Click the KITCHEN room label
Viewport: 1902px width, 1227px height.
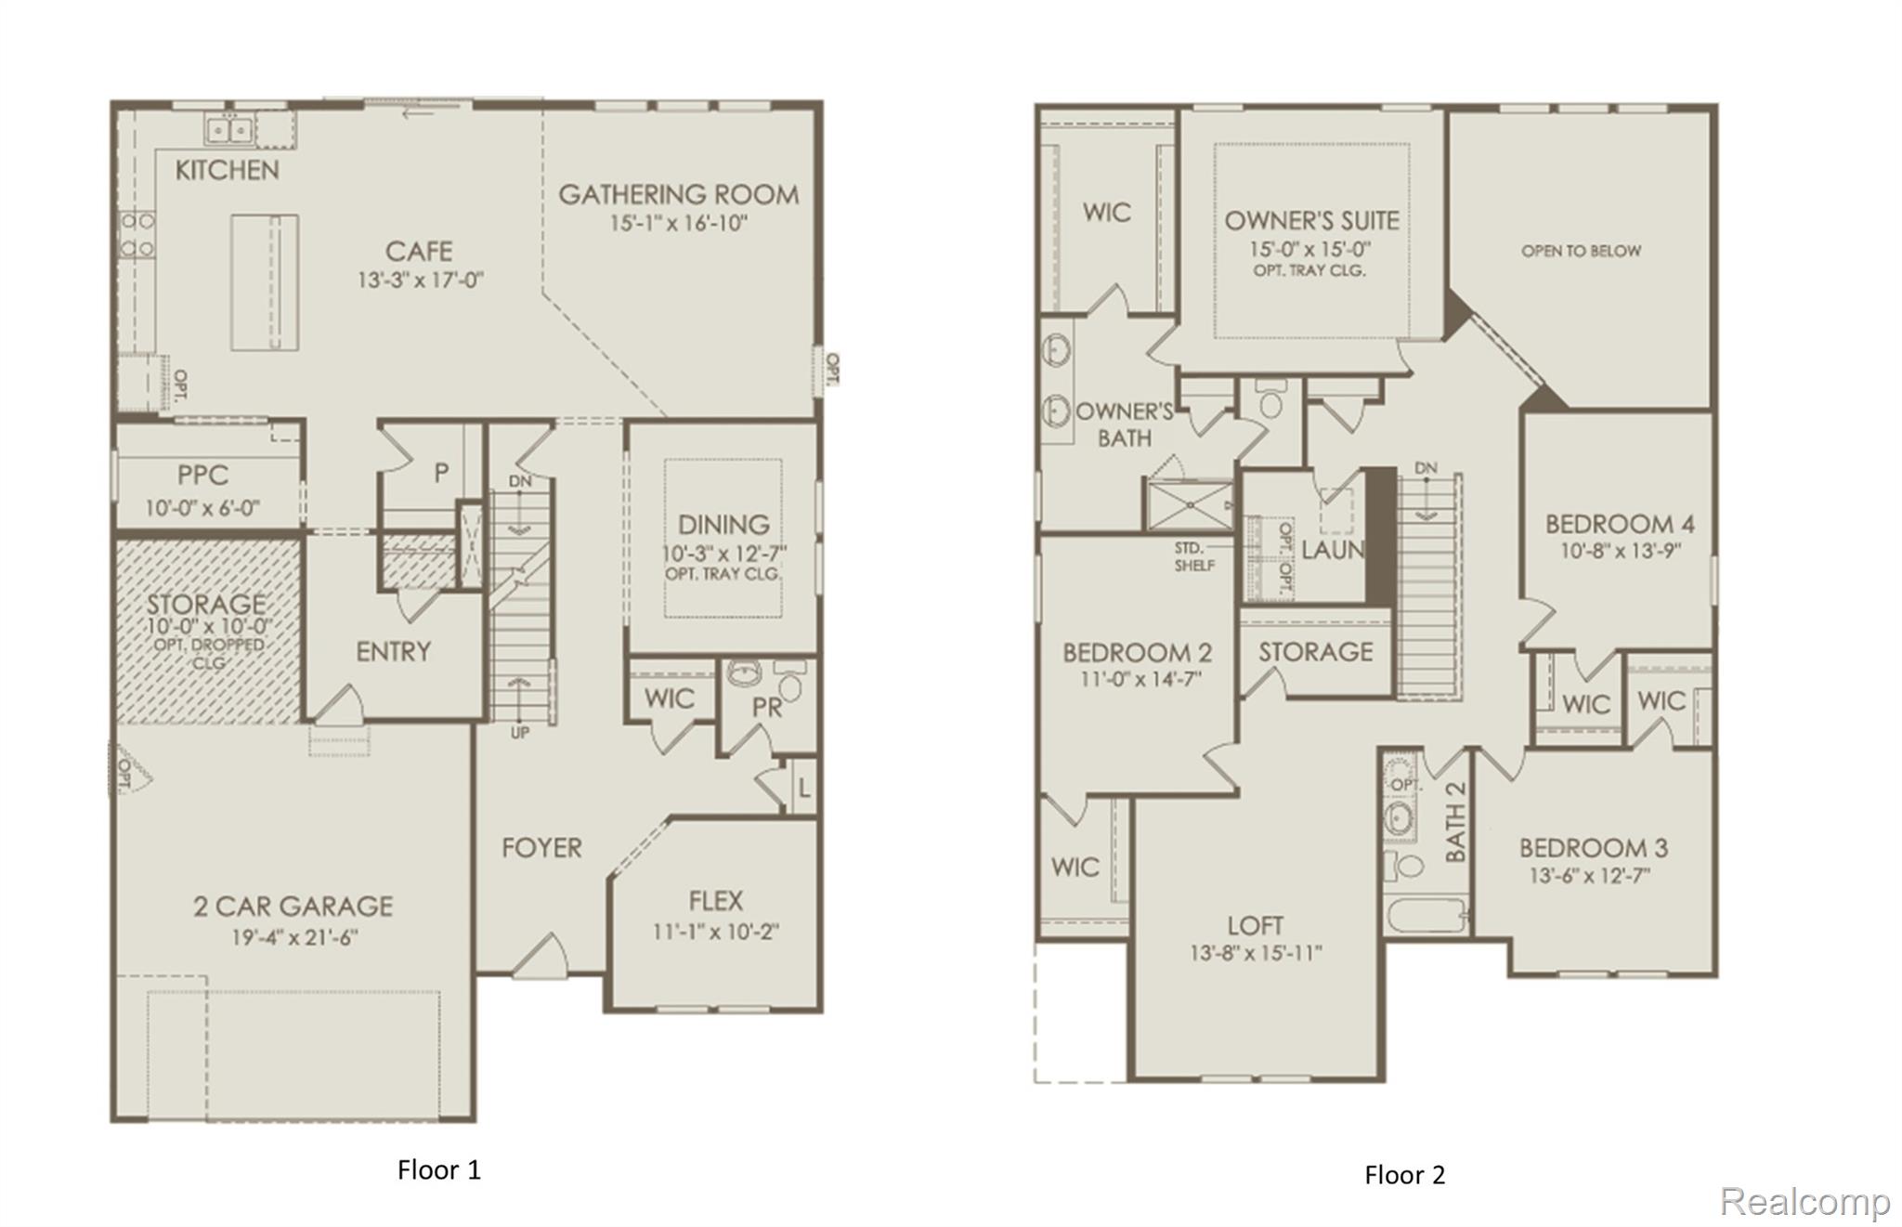coord(227,170)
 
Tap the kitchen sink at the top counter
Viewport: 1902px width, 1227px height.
coord(228,130)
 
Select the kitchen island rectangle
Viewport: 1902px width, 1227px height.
coord(264,282)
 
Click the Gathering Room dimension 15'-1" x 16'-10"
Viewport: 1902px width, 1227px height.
coord(678,224)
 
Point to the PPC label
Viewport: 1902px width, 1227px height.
coord(202,476)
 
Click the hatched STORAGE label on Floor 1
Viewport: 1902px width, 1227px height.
coord(206,605)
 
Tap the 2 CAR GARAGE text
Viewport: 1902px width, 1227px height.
coord(293,907)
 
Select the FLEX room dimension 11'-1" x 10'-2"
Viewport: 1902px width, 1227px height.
coord(715,932)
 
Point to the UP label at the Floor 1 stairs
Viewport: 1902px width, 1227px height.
coord(520,733)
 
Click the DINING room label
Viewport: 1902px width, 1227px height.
coord(723,525)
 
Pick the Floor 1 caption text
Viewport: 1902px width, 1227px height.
coord(439,1170)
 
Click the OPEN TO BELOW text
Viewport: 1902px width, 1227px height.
coord(1581,251)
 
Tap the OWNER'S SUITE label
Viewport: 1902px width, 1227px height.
coord(1311,221)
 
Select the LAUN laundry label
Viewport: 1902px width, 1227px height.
coord(1332,550)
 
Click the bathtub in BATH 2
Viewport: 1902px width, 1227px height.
coord(1425,916)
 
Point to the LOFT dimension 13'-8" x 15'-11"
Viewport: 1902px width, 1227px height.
coord(1256,954)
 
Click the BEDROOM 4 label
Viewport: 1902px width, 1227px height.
coord(1620,524)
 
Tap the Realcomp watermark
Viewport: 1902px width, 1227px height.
coord(1804,1202)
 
